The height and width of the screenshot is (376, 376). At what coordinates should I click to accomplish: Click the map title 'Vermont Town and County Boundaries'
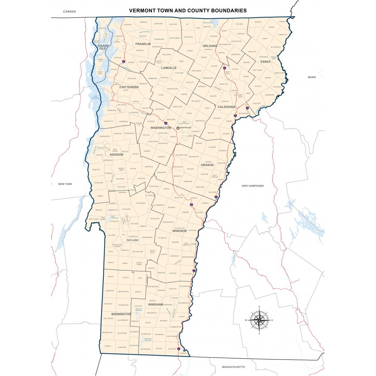(x=188, y=11)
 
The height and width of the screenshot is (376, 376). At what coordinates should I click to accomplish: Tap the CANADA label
(x=69, y=12)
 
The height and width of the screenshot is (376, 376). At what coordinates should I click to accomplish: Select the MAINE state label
(x=312, y=77)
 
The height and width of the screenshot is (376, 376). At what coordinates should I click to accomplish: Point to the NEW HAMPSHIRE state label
(x=252, y=186)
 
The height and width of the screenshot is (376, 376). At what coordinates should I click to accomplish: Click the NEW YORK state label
(x=65, y=184)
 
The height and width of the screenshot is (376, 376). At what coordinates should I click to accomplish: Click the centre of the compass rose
(x=259, y=320)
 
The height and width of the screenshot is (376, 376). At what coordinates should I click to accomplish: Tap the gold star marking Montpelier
(x=178, y=128)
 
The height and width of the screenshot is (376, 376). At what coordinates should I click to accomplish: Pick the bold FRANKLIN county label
(x=143, y=44)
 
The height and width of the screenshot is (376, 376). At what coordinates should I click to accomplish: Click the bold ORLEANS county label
(x=210, y=46)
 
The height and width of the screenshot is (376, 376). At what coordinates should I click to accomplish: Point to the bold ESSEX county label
(x=265, y=62)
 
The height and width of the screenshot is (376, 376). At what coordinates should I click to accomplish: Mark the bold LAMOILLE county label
(x=169, y=68)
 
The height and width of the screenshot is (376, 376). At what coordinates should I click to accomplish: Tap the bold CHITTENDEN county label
(x=129, y=87)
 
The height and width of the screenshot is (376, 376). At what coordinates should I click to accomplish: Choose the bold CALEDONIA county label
(x=226, y=107)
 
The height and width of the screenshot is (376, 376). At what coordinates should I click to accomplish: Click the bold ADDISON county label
(x=116, y=155)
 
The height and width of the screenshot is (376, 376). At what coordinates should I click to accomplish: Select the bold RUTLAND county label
(x=132, y=240)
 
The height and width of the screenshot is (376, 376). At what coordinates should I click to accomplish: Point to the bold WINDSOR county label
(x=179, y=231)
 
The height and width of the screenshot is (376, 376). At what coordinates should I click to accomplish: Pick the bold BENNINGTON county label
(x=121, y=314)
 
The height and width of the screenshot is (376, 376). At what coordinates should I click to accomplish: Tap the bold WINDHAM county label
(x=155, y=304)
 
